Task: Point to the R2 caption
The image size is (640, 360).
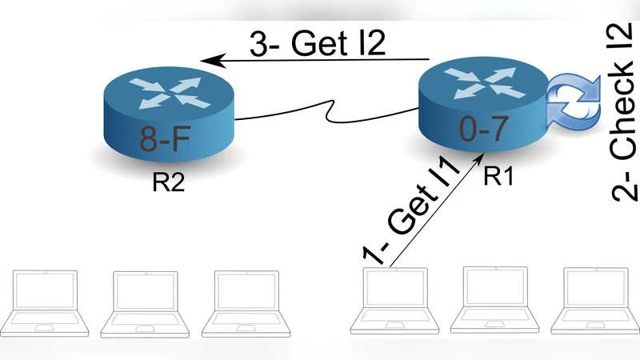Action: tap(169, 183)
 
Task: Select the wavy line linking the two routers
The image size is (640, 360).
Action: tap(328, 120)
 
